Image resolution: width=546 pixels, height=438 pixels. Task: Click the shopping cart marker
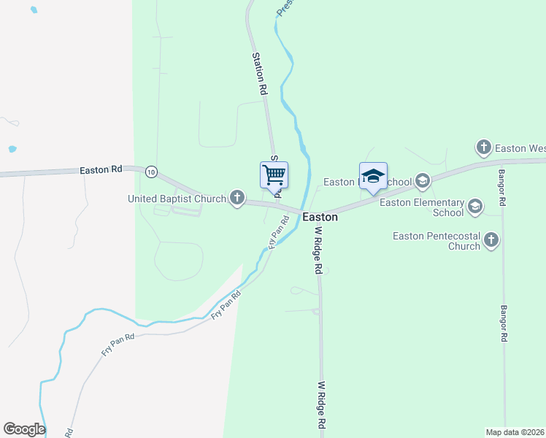[274, 175]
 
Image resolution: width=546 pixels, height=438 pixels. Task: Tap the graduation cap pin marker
[373, 177]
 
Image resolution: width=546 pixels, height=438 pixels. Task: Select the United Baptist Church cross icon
[237, 198]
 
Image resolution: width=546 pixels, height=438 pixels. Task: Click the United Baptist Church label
[177, 198]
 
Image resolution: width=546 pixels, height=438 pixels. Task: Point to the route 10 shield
[151, 172]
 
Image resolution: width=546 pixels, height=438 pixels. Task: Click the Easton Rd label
[101, 170]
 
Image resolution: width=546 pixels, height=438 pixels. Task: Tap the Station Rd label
[259, 74]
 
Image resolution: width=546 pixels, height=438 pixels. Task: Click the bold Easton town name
[320, 217]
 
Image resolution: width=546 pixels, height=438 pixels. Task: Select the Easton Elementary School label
[427, 207]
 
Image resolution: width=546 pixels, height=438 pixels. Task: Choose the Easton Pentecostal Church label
[436, 241]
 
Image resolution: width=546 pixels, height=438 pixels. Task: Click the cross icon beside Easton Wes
[483, 148]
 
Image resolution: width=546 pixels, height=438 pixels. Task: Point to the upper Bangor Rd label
[502, 188]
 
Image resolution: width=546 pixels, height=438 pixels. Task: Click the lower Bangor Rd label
[504, 324]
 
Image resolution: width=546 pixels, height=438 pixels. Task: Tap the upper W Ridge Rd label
[318, 250]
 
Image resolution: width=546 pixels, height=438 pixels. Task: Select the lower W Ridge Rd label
[320, 404]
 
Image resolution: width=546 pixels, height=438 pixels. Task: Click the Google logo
[24, 429]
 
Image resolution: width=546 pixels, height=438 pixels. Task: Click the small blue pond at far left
[12, 150]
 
